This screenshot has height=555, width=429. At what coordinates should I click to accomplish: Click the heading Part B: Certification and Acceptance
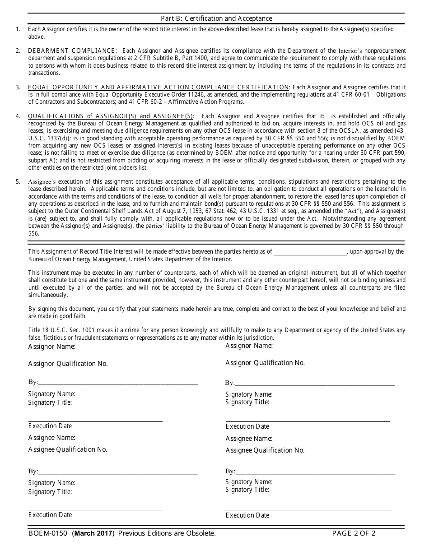pos(216,18)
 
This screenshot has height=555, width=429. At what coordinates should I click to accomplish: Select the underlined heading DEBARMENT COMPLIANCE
pos(72,51)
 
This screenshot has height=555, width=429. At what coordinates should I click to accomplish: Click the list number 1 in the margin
pos(18,29)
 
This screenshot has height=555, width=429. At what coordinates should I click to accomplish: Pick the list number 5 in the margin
pos(18,181)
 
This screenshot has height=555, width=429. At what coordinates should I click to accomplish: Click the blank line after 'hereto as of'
pos(310,252)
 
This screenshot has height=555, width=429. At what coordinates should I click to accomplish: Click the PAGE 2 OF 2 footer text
pos(354,533)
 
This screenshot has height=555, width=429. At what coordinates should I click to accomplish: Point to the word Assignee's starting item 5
pos(42,181)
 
